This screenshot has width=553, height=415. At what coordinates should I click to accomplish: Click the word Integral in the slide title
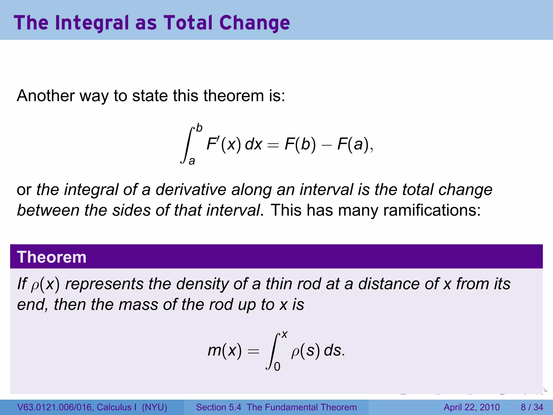coord(92,23)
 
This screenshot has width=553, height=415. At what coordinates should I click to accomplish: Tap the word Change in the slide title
coord(255,23)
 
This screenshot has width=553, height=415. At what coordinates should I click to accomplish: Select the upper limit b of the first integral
coord(199,128)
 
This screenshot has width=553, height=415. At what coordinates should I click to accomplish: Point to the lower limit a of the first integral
coord(192,161)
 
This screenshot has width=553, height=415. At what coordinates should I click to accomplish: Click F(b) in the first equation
coord(300,144)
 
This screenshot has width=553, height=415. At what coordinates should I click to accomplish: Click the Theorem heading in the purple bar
coord(52,257)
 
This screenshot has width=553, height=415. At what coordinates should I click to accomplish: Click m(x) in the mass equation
coord(224,350)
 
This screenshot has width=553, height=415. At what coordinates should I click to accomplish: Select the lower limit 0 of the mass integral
coord(277,367)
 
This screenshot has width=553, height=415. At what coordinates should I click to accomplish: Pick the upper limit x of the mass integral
coord(284,335)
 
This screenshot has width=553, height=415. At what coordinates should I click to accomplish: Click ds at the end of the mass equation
coord(333,350)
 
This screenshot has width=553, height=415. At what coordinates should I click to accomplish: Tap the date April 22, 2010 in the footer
coord(471,407)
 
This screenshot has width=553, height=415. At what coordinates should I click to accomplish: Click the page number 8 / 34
coord(532,407)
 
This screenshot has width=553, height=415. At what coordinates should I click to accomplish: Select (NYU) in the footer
coord(154,407)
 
